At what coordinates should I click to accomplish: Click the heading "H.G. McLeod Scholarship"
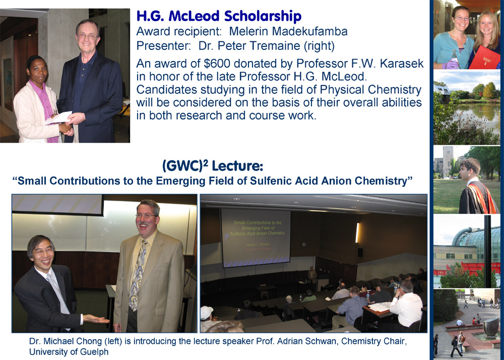point(219,17)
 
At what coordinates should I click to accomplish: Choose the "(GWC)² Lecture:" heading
point(213,166)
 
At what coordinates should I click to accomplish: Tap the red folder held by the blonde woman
point(485,56)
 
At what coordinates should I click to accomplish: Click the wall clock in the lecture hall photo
point(303,245)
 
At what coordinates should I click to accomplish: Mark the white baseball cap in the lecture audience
point(207,313)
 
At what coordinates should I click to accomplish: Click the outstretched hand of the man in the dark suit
point(97,319)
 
